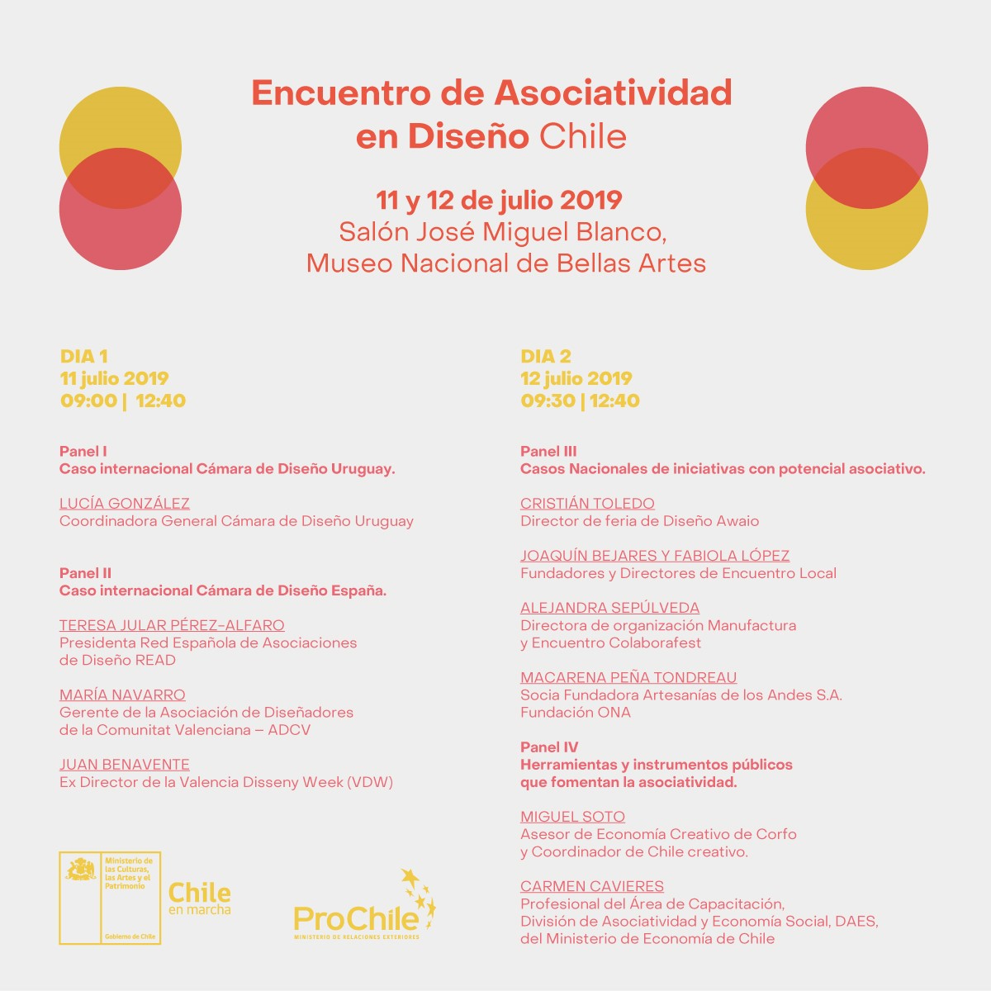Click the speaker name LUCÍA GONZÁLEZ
point(125,504)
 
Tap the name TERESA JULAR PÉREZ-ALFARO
point(172,626)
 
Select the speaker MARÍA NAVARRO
point(122,695)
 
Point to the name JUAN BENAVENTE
point(125,765)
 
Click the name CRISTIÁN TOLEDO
point(587,504)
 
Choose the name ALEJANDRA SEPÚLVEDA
point(609,608)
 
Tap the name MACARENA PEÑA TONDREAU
point(628,678)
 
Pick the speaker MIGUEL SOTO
point(572,817)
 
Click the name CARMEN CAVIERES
point(592,886)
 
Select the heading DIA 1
point(84,357)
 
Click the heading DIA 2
point(546,357)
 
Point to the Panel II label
point(85,573)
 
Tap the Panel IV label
point(549,747)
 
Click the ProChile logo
point(363,908)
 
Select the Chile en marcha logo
point(199,898)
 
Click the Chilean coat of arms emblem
point(81,870)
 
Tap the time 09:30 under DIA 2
point(548,401)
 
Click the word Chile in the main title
point(582,136)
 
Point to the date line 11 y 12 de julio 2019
point(499,201)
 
